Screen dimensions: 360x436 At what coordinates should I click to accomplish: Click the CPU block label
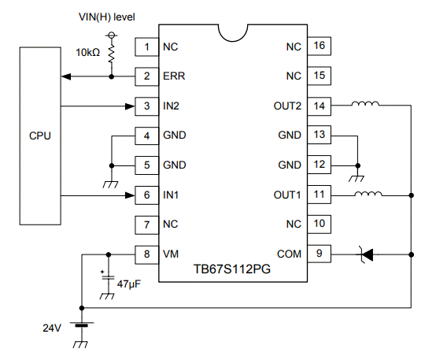tap(39, 135)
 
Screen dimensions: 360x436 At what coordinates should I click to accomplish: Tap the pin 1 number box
tap(146, 46)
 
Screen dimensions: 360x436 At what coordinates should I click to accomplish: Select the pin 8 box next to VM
tap(146, 254)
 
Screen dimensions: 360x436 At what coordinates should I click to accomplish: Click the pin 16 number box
tap(318, 46)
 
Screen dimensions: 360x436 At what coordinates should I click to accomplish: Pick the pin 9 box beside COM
tap(318, 254)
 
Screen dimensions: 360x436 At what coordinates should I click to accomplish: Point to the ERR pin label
tap(174, 76)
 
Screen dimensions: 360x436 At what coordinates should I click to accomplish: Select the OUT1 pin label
tap(286, 195)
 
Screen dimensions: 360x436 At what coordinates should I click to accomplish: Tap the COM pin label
tap(290, 254)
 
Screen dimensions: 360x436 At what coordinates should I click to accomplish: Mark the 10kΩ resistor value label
tap(88, 51)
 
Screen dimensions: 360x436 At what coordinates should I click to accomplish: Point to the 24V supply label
tap(50, 325)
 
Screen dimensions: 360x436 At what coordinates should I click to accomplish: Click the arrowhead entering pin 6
tap(128, 195)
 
